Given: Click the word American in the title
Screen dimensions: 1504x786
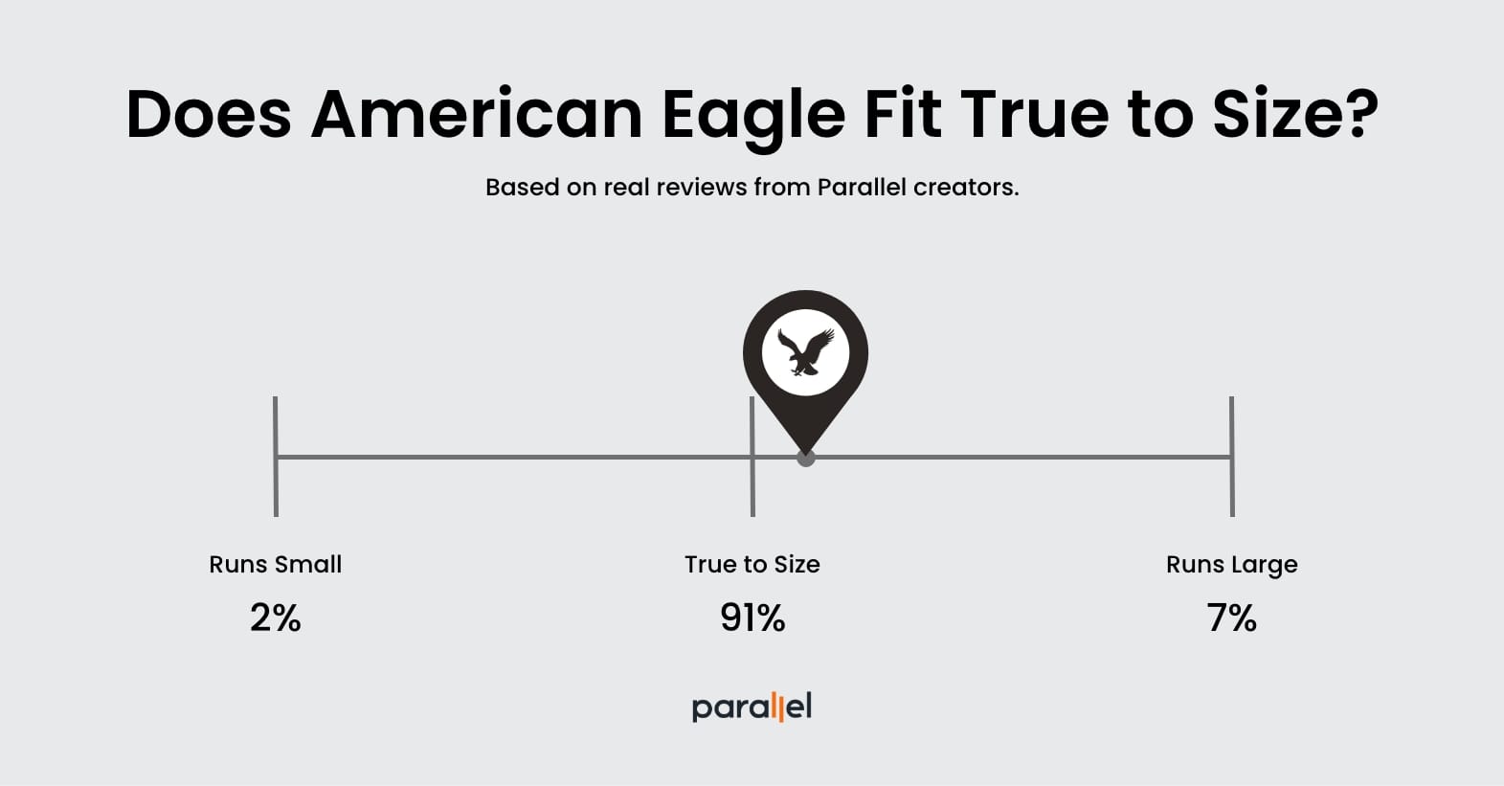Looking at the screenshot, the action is point(477,114).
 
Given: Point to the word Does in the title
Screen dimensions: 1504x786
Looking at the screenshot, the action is point(209,114).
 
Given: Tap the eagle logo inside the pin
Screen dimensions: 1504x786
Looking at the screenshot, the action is point(806,351).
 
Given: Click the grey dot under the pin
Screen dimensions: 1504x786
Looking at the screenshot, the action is point(806,458).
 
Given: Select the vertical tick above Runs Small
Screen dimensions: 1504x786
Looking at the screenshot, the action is point(276,457).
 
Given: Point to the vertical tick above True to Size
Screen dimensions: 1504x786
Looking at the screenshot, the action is point(752,457).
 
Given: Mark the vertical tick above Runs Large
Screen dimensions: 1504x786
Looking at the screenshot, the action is point(1232,457).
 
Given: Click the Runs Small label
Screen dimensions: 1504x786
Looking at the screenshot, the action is point(276,565).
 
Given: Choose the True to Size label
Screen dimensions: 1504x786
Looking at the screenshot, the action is point(752,565).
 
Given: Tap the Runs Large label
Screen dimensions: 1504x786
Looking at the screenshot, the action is point(1232,566).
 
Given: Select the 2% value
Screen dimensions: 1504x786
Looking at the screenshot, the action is point(276,618).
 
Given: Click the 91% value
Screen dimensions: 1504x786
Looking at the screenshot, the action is point(752,618).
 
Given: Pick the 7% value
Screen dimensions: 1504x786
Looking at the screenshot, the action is point(1231,618).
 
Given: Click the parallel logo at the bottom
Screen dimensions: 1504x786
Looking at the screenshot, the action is point(752,707).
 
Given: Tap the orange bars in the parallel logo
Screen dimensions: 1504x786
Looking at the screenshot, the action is point(779,707).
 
